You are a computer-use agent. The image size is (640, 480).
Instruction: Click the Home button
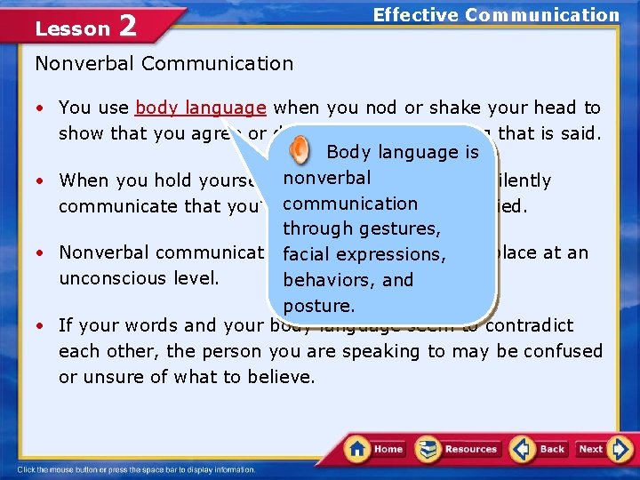tap(375, 449)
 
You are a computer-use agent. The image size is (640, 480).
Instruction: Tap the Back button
tap(540, 449)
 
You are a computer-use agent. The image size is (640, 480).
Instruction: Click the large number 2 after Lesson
tap(127, 27)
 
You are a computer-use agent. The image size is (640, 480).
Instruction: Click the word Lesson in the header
tap(71, 29)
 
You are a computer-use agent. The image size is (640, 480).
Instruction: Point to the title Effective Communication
tap(496, 14)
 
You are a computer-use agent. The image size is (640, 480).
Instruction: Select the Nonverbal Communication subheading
tap(164, 63)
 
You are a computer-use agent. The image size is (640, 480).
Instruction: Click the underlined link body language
tap(201, 108)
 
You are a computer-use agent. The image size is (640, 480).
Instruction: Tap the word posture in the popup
tap(319, 306)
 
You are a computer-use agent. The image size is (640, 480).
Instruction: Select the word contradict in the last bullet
tap(531, 325)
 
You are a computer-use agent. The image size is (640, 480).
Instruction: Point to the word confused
tap(562, 351)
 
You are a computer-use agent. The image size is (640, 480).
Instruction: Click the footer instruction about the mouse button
tap(136, 469)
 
